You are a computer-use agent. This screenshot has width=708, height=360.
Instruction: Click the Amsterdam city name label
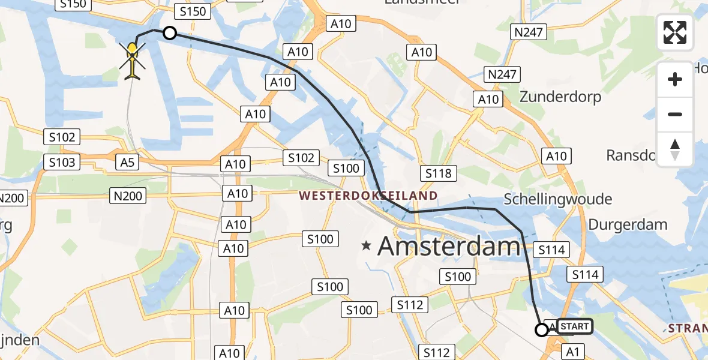point(449,246)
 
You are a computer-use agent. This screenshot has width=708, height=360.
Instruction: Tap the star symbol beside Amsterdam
point(366,245)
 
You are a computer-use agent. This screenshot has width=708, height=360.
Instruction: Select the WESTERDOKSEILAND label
point(368,196)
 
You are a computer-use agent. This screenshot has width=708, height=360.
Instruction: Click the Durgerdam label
point(628,225)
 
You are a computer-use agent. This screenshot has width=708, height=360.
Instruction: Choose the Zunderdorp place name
point(560,97)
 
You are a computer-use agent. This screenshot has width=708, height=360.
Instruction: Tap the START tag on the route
point(574,326)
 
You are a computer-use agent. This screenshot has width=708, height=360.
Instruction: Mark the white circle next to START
point(542,329)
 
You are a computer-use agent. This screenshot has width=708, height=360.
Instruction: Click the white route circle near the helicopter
point(170,34)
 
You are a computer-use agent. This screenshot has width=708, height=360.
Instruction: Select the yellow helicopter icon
point(133,59)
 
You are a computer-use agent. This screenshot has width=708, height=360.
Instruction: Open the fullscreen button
point(675,32)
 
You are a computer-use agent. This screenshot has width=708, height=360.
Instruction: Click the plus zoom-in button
point(675,79)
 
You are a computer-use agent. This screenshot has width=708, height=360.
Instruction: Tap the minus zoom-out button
point(675,114)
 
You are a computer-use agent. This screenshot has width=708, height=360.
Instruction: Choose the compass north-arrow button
point(675,149)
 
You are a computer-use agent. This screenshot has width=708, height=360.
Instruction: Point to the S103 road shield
point(62,162)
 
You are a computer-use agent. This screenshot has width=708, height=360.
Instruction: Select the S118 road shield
point(438,174)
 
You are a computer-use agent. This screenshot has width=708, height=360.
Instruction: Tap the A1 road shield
point(573,352)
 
